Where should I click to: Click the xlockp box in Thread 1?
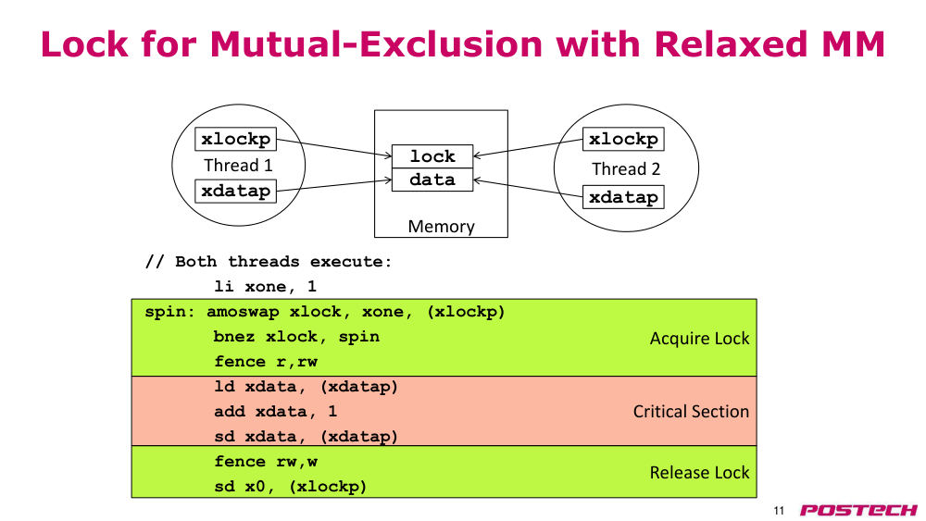(x=235, y=139)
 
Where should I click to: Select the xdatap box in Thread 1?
(x=235, y=192)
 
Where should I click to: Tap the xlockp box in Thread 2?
(x=623, y=139)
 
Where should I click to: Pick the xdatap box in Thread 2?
(x=623, y=197)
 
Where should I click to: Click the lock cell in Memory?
(x=432, y=156)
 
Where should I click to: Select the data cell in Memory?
(x=432, y=180)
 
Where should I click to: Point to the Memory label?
(x=441, y=227)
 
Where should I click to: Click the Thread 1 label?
(x=239, y=166)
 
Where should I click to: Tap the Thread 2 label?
(x=626, y=169)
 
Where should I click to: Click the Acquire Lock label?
(x=699, y=339)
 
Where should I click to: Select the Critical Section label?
(x=691, y=411)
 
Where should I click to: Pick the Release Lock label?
(x=699, y=473)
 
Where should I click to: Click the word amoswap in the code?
(x=243, y=312)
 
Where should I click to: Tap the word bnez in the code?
(x=234, y=337)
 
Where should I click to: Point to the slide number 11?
(x=779, y=511)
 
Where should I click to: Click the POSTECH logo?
(x=858, y=511)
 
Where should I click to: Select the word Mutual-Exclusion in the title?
(x=376, y=44)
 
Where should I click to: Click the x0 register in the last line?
(x=256, y=487)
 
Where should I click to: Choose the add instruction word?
(x=229, y=411)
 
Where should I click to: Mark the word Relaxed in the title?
(x=731, y=44)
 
